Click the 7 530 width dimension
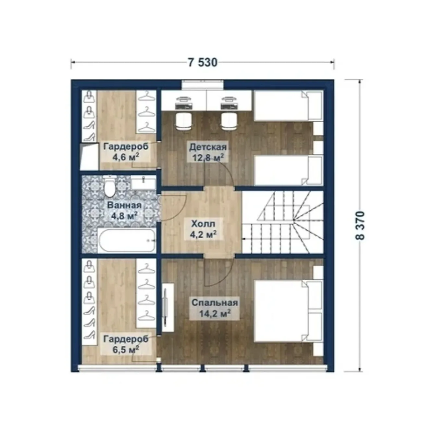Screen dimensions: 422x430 203,63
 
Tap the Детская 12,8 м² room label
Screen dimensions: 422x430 208,153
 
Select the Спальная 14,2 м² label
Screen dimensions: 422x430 214,308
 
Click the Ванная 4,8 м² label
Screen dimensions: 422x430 124,211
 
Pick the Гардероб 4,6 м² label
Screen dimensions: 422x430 126,152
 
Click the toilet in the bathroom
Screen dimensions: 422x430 110,187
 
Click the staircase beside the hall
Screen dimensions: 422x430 283,222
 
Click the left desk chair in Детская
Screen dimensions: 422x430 183,121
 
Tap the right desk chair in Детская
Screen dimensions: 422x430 229,121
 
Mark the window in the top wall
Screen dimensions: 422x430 203,84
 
